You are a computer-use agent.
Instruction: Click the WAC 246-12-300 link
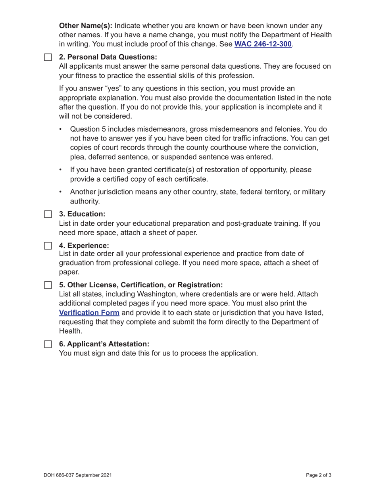point(263,44)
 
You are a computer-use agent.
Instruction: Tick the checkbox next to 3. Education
point(48,214)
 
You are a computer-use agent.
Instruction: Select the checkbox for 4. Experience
point(48,245)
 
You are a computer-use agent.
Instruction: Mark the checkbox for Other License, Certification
point(48,285)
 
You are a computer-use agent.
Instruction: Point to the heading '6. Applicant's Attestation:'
point(104,344)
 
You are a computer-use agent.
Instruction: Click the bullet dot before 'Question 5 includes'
point(60,129)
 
